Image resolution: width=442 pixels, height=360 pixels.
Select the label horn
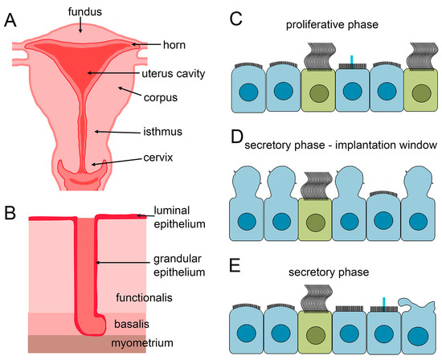[x=175, y=45]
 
